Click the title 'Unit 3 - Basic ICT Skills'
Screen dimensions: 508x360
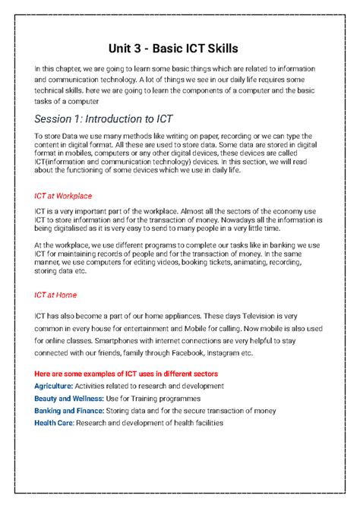tap(180, 49)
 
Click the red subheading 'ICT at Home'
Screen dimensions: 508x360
tap(55, 295)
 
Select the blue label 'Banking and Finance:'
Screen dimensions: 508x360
tap(74, 410)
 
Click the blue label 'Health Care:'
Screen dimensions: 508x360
tap(57, 422)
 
